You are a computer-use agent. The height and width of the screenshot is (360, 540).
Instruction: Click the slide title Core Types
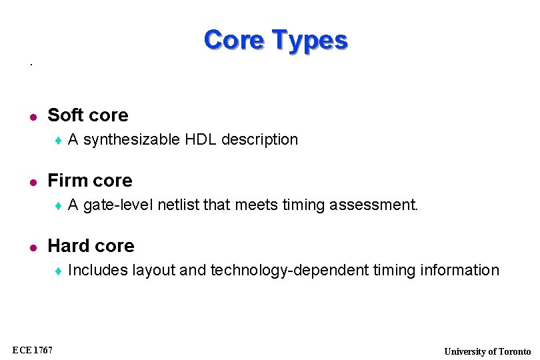[x=275, y=40]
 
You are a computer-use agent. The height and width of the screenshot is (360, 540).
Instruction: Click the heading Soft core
[x=88, y=115]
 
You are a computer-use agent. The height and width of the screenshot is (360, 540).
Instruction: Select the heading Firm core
[x=90, y=181]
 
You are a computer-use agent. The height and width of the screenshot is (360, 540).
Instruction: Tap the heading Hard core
[x=91, y=246]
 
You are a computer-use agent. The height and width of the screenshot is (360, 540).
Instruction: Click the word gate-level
[x=119, y=205]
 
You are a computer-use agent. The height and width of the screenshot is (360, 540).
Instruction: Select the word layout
[x=154, y=271]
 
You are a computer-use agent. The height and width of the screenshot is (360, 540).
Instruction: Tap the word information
[x=460, y=270]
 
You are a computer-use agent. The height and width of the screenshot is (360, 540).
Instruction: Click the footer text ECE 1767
[x=33, y=349]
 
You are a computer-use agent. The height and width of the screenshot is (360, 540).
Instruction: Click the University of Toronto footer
[x=487, y=351]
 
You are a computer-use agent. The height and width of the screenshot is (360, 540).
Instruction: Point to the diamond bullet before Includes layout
[x=58, y=271]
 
